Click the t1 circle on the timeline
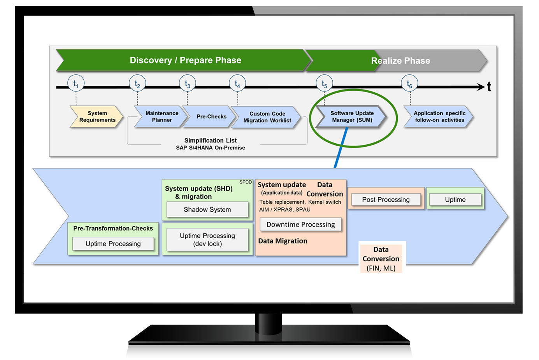(76, 83)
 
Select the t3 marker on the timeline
(187, 83)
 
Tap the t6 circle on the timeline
(409, 83)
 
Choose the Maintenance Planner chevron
(161, 117)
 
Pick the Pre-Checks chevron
(211, 117)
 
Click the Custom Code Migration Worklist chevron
(267, 117)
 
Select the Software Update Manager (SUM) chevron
(352, 117)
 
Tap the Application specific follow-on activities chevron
(439, 117)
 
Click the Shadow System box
(207, 209)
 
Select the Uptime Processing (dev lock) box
(207, 240)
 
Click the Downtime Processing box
(300, 225)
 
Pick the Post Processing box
(386, 200)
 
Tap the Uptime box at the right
(455, 200)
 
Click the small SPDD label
(246, 182)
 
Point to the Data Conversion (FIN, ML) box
(381, 259)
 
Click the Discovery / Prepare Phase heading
(185, 60)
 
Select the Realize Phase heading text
(400, 61)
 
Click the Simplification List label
(210, 140)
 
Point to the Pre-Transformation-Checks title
(113, 228)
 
